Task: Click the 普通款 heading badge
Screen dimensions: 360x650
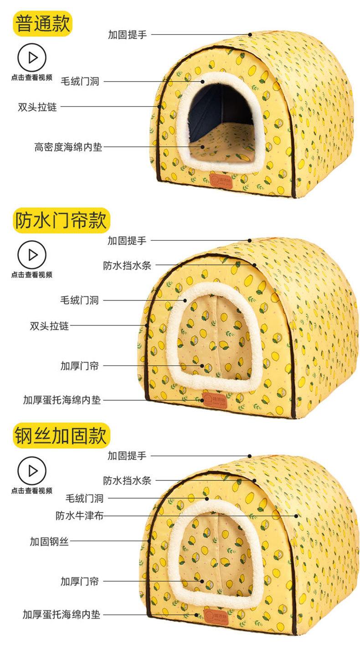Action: [43, 24]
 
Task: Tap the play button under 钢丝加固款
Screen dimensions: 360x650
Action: [32, 470]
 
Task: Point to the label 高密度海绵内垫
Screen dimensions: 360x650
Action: [68, 147]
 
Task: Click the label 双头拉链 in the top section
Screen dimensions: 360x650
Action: [37, 108]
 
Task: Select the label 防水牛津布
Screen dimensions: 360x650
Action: [80, 516]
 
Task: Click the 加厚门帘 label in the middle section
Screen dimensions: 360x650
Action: [79, 366]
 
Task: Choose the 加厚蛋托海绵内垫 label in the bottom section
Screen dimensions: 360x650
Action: [62, 614]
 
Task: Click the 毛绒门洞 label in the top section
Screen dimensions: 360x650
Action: [80, 82]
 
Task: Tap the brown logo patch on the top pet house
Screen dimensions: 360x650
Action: [221, 180]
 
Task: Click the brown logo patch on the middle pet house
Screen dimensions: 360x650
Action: [211, 396]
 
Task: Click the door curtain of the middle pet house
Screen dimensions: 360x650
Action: [214, 337]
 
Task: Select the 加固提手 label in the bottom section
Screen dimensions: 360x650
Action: [127, 455]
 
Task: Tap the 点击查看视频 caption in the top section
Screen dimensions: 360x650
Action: [32, 77]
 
